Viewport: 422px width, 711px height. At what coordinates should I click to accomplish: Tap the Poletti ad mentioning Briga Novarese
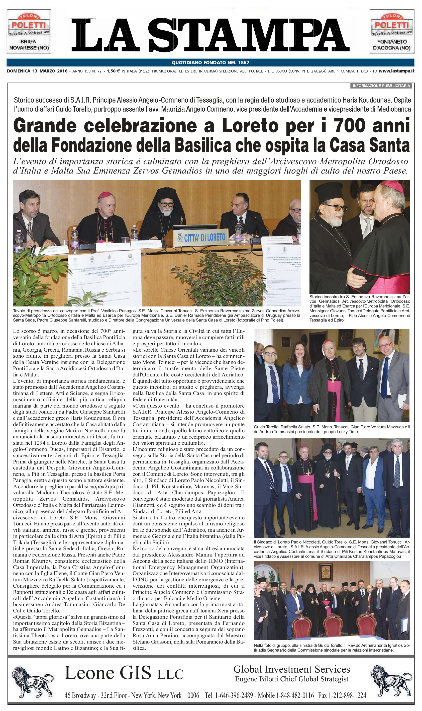(29, 32)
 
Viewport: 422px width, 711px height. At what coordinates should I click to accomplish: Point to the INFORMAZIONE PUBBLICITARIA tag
(381, 86)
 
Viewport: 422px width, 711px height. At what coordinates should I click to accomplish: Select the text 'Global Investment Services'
(291, 669)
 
